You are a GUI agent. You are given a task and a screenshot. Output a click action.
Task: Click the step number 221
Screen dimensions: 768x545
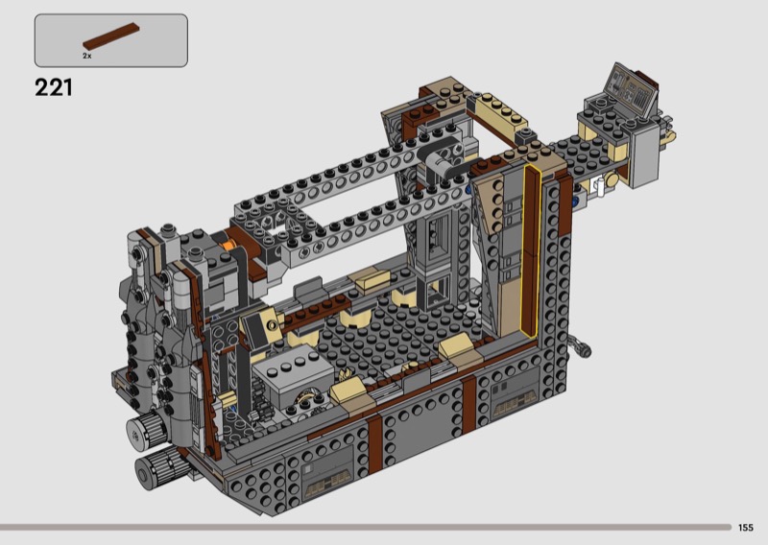54,87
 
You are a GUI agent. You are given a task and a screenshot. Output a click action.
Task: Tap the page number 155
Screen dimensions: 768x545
746,528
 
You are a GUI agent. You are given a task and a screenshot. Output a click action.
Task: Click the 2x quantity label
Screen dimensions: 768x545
86,57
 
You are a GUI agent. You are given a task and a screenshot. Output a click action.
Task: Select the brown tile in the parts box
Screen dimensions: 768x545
111,36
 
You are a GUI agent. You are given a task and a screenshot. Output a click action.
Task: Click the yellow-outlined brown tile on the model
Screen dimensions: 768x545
531,250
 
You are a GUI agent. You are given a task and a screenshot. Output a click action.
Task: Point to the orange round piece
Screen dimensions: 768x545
226,243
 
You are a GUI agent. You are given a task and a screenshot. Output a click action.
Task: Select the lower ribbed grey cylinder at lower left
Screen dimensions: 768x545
157,468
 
